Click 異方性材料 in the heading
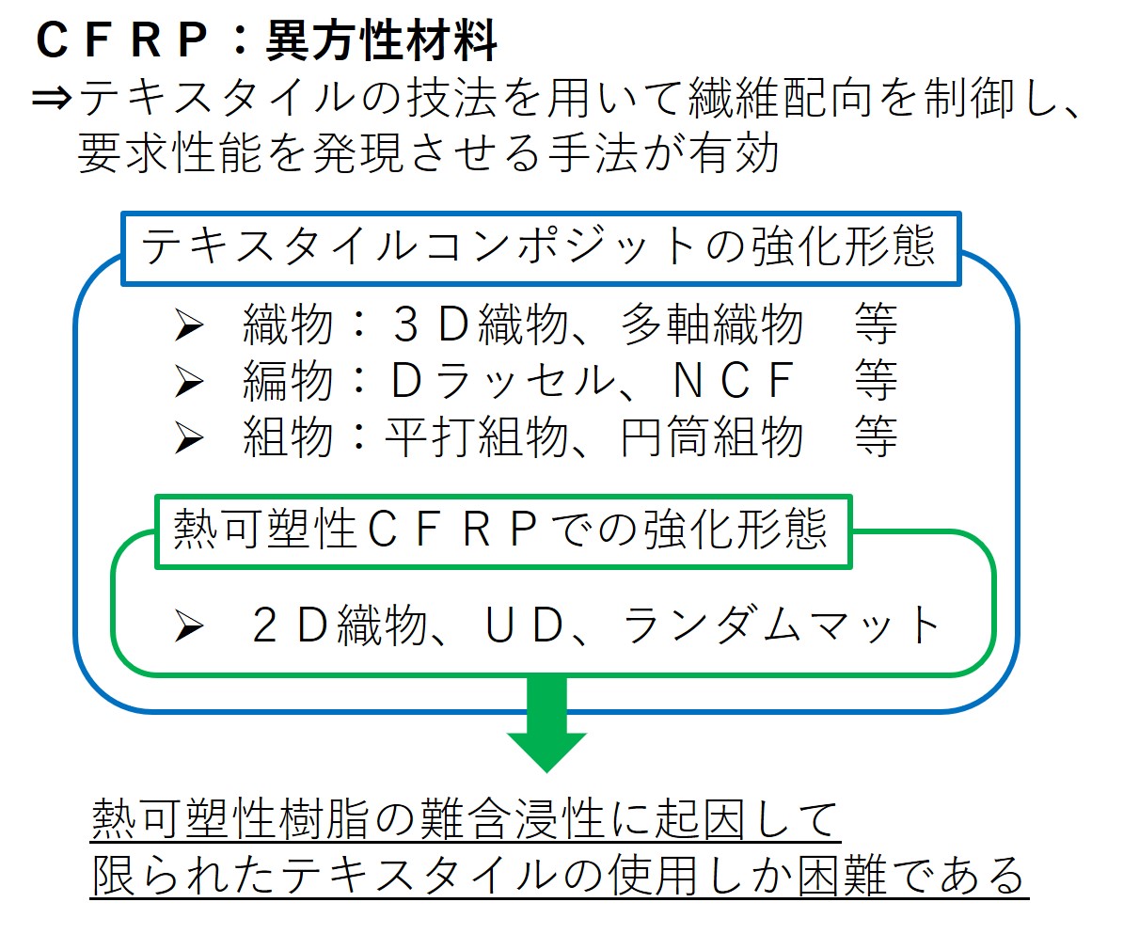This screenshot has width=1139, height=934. point(381,40)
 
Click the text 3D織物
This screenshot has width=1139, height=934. point(481,325)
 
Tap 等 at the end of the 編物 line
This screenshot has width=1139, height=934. point(876,381)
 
